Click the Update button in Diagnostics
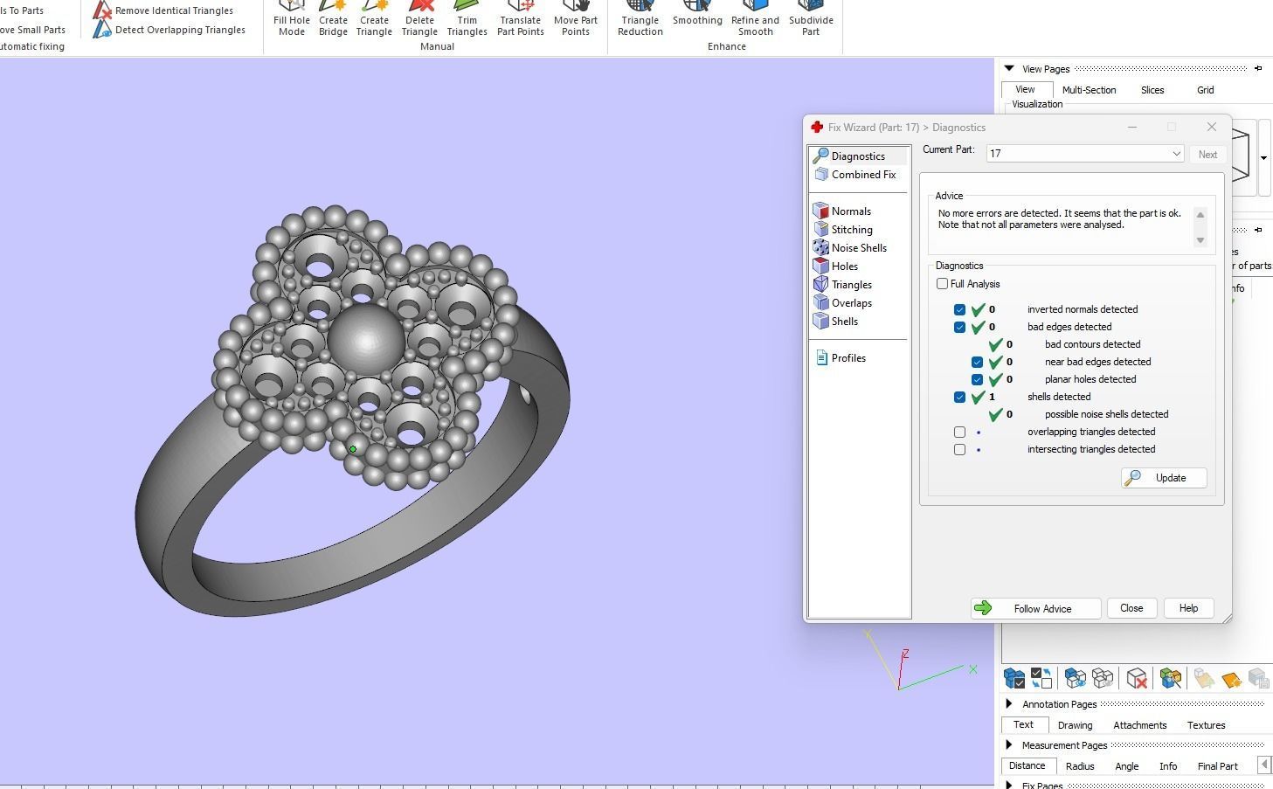tap(1164, 478)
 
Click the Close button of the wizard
tap(1131, 608)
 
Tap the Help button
tap(1188, 608)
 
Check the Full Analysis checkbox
tap(943, 284)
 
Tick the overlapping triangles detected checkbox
tap(960, 432)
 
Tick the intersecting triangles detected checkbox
tap(960, 449)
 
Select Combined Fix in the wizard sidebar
tap(863, 175)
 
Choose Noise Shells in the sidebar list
tap(858, 248)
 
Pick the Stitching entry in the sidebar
tap(851, 230)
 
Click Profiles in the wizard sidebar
tap(848, 358)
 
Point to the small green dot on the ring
tap(353, 449)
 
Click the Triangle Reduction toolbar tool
tap(640, 19)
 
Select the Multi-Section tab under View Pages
tap(1089, 90)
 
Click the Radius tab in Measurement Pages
tap(1080, 766)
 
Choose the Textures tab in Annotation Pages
tap(1206, 725)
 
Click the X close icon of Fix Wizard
tap(1211, 127)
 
